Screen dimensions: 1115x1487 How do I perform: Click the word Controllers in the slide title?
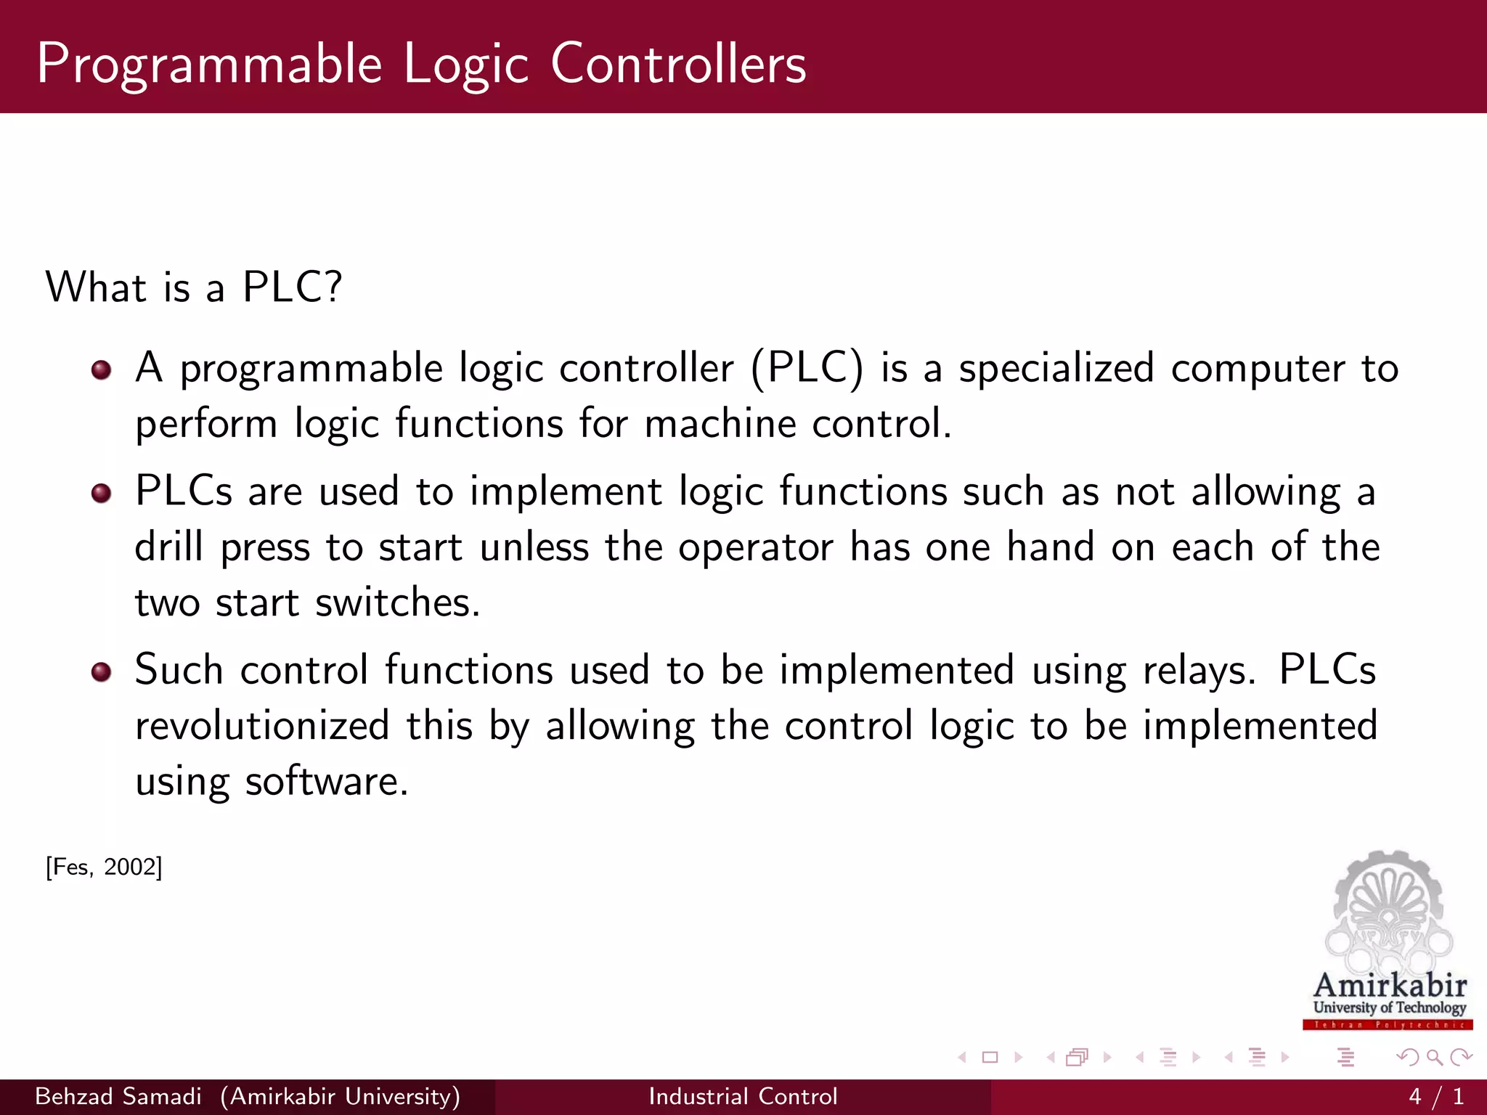point(678,64)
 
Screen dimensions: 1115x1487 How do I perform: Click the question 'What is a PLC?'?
point(193,287)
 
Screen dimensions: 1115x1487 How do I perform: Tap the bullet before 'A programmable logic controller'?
point(102,370)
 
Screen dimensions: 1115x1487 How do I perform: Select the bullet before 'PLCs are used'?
point(102,494)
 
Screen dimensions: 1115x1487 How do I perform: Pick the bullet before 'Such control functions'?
point(102,672)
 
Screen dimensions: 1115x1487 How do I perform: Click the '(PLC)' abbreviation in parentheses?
point(807,368)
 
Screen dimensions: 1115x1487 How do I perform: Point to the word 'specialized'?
point(1056,368)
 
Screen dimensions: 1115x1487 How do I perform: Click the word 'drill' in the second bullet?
point(168,547)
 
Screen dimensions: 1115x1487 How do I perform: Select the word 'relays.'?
point(1199,670)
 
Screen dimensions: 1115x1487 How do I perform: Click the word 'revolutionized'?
point(263,726)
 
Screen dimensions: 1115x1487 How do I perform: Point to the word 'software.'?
point(327,782)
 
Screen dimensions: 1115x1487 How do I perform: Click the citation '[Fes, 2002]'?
point(104,867)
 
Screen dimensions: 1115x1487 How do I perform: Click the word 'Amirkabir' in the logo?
point(1390,985)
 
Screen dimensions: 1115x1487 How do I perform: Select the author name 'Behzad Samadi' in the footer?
point(118,1096)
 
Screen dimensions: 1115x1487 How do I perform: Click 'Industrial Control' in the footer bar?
point(743,1096)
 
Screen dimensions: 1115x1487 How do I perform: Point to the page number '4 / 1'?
point(1435,1096)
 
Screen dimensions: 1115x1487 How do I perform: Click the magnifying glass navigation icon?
point(1434,1058)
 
